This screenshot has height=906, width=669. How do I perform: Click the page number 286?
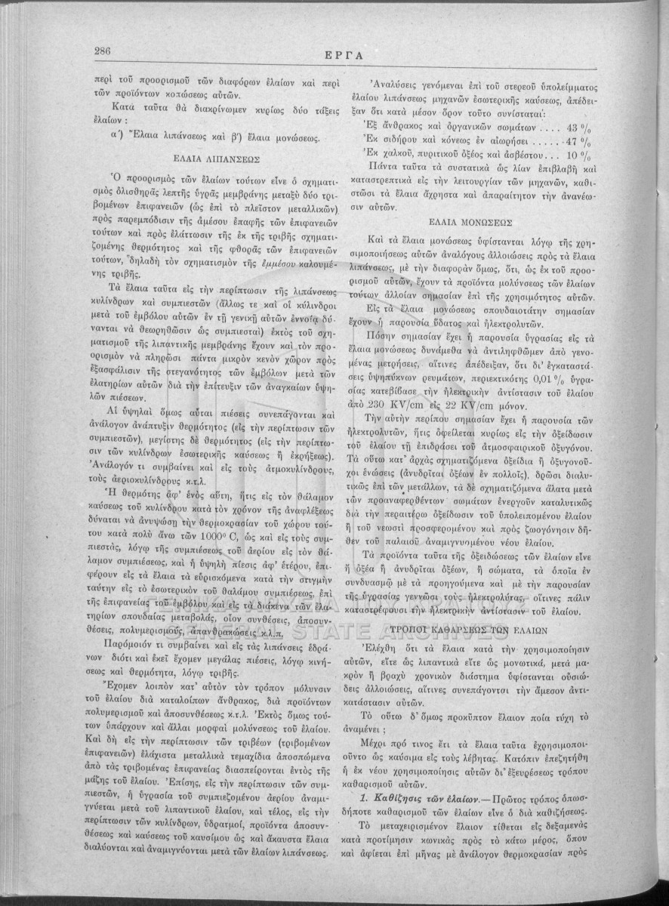[x=103, y=51]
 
